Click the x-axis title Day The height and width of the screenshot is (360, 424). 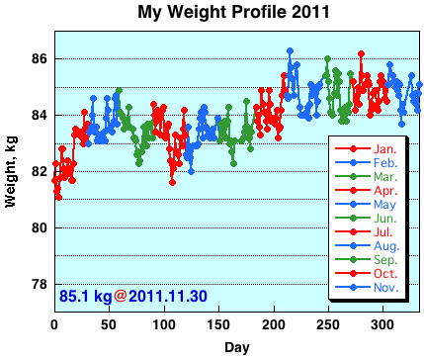tap(236, 347)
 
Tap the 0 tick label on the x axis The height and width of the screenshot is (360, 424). tap(53, 325)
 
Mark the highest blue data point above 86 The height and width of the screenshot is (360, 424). tap(290, 50)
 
